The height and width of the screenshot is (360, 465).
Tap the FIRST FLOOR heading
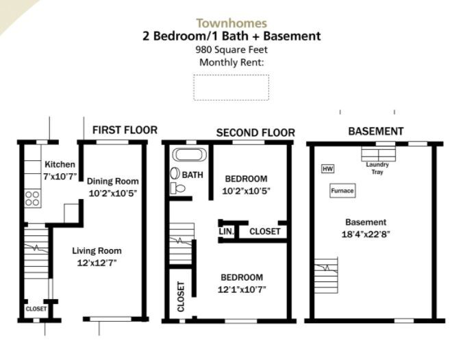[x=125, y=130]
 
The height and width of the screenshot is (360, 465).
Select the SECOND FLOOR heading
[x=255, y=133]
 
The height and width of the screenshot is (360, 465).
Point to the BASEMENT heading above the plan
[x=375, y=131]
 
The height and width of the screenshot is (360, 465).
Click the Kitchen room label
[x=60, y=165]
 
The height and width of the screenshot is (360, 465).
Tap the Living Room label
[x=97, y=250]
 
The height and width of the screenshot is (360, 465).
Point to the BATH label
[x=192, y=175]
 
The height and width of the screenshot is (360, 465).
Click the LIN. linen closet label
[x=227, y=231]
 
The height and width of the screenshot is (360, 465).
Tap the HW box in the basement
[x=327, y=168]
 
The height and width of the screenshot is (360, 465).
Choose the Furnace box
[x=342, y=191]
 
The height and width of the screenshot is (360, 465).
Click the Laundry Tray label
[x=377, y=168]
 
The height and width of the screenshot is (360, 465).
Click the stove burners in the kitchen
[x=32, y=198]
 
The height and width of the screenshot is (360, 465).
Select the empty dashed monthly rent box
[x=231, y=88]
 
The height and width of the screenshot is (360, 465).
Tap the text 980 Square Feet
[x=231, y=49]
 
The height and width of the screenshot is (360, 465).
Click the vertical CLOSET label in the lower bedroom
[x=181, y=296]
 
